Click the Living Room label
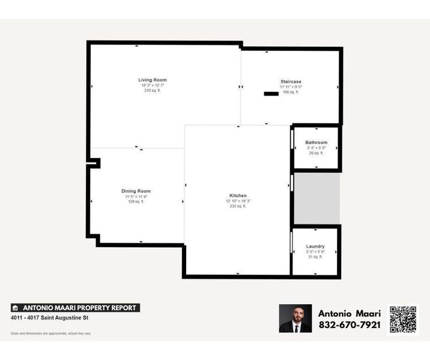click(152, 80)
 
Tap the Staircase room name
click(291, 82)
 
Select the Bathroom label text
click(316, 142)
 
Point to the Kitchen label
click(238, 196)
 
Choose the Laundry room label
click(315, 247)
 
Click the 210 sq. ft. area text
click(152, 91)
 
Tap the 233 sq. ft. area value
click(238, 206)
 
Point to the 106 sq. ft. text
click(291, 92)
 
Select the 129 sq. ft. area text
click(136, 202)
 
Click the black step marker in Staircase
click(271, 94)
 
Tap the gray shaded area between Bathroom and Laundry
click(316, 199)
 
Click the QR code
click(403, 319)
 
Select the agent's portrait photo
click(295, 319)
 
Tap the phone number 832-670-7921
click(349, 325)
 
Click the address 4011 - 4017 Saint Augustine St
click(50, 318)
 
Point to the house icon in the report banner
click(15, 308)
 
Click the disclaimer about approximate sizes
click(50, 333)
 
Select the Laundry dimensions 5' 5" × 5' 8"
click(315, 252)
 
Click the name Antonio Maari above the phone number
click(349, 313)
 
